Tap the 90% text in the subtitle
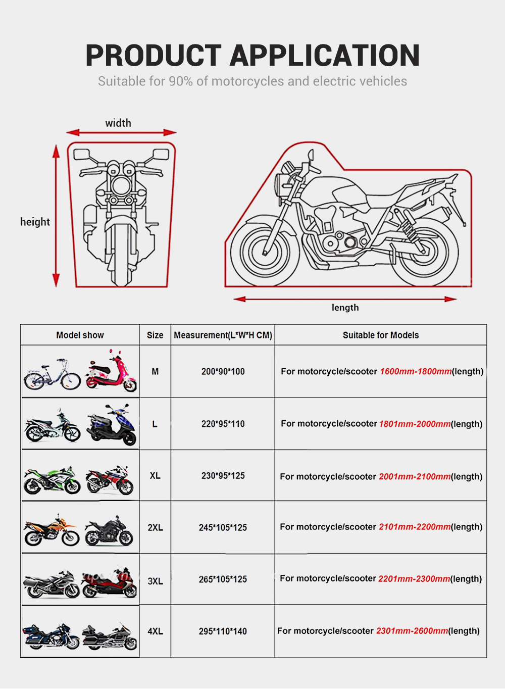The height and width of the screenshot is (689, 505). click(x=180, y=81)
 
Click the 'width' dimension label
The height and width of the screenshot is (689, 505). click(x=118, y=123)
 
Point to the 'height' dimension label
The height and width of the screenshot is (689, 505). click(x=35, y=222)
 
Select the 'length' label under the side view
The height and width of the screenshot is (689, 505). click(x=345, y=308)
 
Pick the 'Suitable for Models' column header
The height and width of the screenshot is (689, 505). click(x=380, y=335)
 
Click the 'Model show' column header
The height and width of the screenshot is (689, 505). click(x=80, y=335)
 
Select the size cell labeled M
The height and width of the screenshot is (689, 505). click(x=155, y=371)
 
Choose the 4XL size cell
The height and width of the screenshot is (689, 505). click(x=155, y=631)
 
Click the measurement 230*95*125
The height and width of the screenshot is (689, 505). click(x=223, y=476)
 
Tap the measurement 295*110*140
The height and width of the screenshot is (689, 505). click(x=223, y=631)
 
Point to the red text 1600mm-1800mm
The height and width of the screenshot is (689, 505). click(x=416, y=371)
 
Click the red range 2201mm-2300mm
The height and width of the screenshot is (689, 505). click(x=414, y=579)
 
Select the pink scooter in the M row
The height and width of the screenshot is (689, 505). click(x=112, y=373)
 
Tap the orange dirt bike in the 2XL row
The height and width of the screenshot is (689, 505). click(x=52, y=531)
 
